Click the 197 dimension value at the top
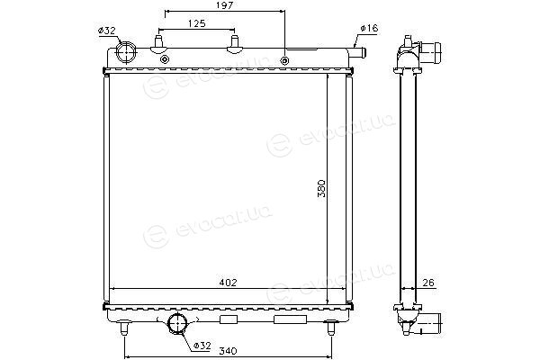tap(224, 5)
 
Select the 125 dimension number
tap(197, 23)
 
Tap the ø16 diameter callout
tap(369, 28)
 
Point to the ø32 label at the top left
tap(106, 31)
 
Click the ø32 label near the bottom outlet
tap(202, 346)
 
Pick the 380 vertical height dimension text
tap(321, 188)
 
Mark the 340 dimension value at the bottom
tap(228, 351)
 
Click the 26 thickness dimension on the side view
tap(428, 283)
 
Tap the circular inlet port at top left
tap(126, 53)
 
